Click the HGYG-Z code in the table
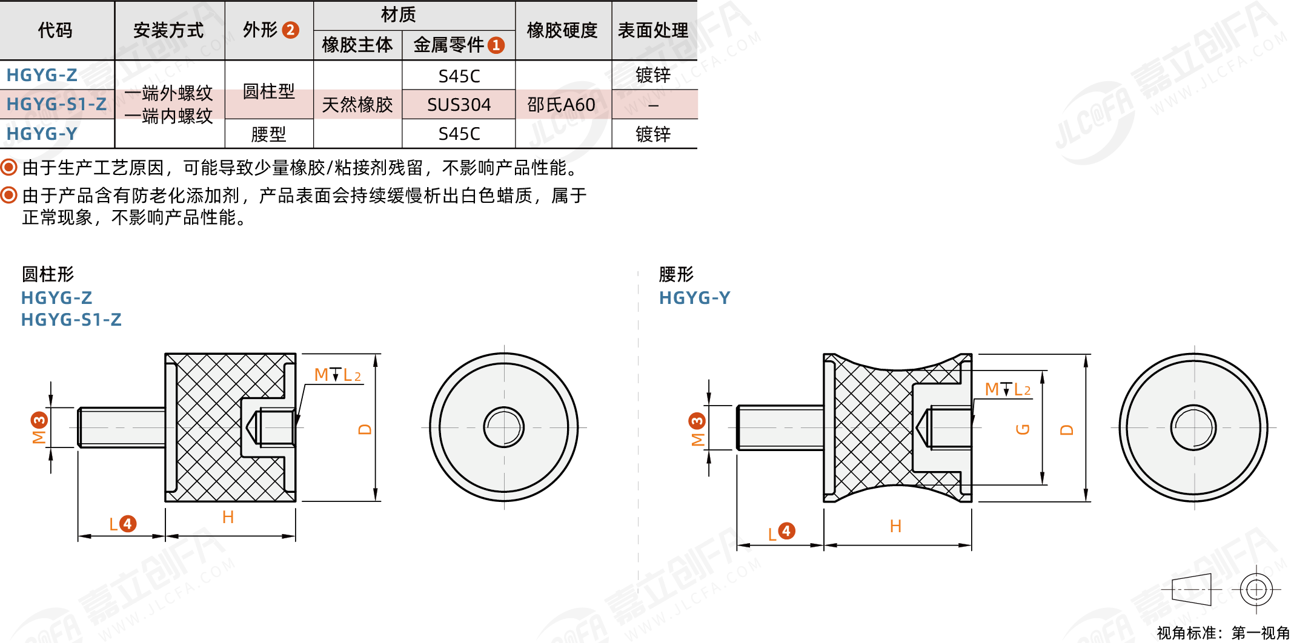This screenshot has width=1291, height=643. point(42,75)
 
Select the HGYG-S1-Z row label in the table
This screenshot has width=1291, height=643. point(56,104)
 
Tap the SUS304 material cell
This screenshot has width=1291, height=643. point(459,105)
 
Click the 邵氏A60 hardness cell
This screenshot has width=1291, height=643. point(561,105)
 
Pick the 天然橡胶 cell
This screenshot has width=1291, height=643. point(357,105)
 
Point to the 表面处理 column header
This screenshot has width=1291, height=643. point(652,30)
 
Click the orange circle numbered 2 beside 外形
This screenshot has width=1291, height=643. point(291,30)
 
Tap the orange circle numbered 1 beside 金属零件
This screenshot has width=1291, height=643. point(496,45)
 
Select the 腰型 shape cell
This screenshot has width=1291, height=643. point(268,134)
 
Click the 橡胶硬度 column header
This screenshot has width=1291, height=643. point(562,30)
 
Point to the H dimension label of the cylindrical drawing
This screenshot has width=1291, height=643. point(228,517)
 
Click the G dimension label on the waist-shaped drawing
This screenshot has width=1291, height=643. point(1023,429)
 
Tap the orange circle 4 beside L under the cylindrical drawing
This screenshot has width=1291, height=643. point(127,524)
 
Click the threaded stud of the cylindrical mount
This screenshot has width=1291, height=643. point(121,427)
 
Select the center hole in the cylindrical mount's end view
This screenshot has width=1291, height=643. point(503,427)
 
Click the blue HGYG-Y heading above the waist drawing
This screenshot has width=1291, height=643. point(694,298)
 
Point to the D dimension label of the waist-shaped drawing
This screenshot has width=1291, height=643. point(1067,430)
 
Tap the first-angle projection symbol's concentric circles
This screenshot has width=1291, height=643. point(1256,589)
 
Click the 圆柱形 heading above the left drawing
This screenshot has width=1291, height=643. point(48,274)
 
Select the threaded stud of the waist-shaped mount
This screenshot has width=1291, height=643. point(780,427)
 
